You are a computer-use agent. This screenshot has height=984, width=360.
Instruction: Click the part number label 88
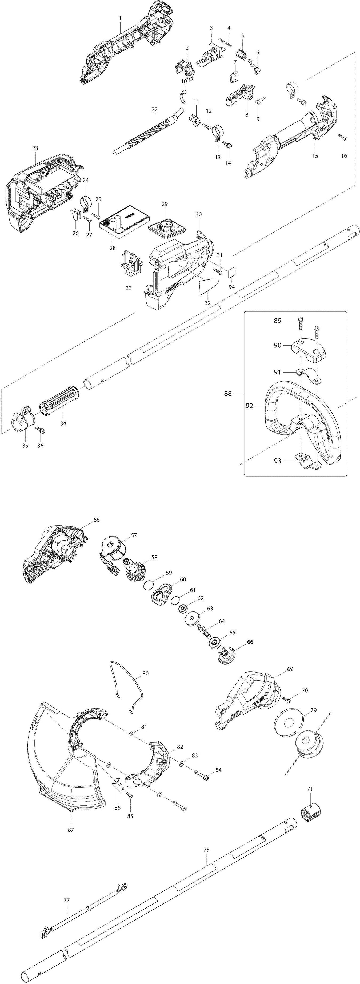228,393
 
